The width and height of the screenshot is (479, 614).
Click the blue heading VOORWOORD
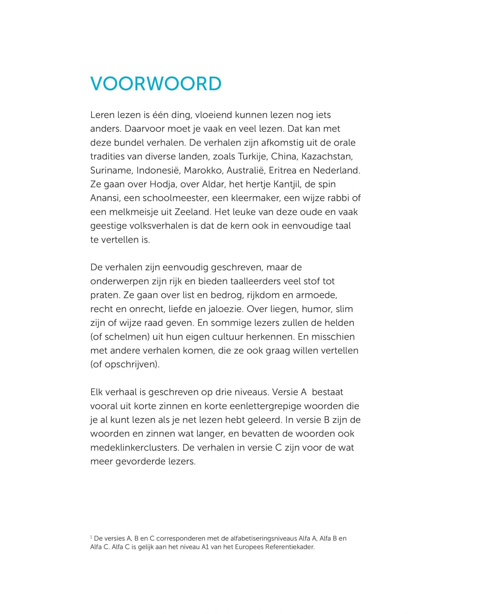(156, 84)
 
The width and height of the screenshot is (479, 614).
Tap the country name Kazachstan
(327, 157)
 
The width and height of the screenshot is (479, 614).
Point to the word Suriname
(111, 170)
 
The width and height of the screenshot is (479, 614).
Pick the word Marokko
(202, 170)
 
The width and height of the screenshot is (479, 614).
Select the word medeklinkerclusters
(134, 448)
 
